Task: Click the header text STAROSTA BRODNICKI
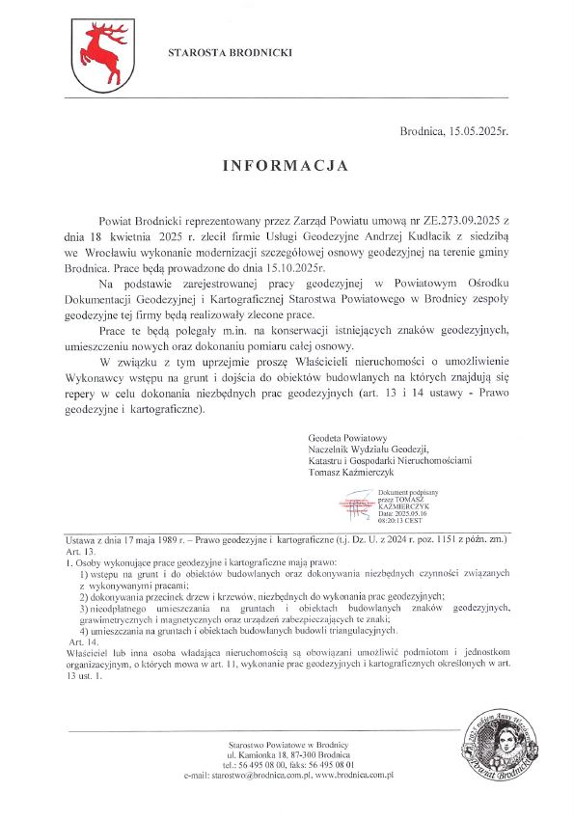230,51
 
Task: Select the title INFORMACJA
286,166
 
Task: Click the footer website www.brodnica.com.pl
353,775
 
